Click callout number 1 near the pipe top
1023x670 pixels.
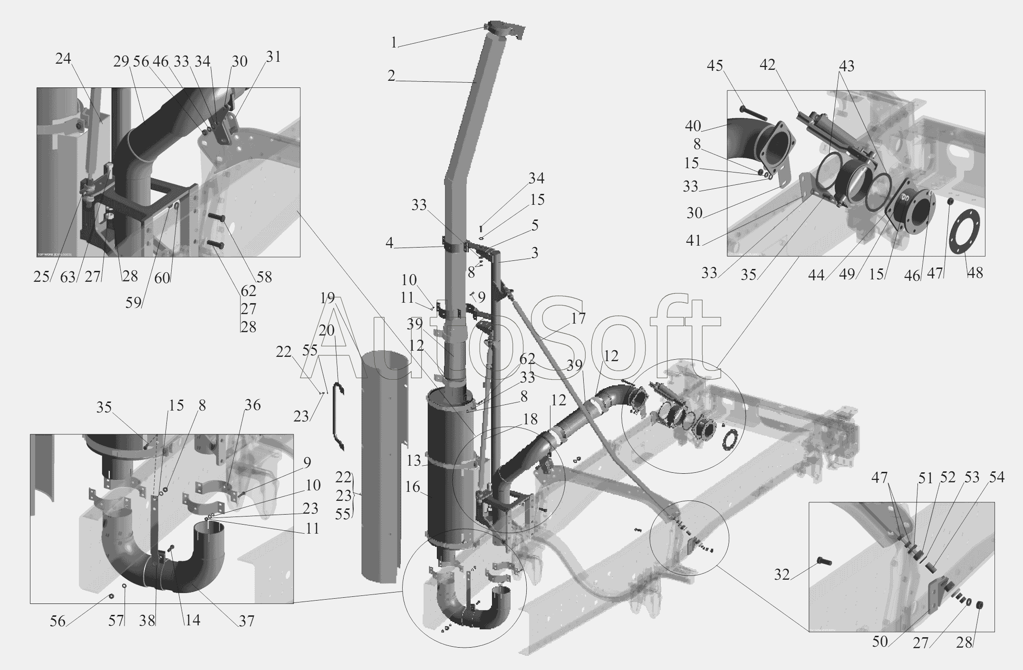pos(394,43)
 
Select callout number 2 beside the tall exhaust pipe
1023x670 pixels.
pos(391,76)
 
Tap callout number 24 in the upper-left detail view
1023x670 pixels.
pos(63,59)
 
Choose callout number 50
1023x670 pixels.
pos(880,641)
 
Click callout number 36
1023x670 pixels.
pos(253,405)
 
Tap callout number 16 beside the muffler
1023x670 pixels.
pos(413,487)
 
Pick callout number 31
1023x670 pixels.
pos(273,57)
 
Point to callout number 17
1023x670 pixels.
pos(579,318)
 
